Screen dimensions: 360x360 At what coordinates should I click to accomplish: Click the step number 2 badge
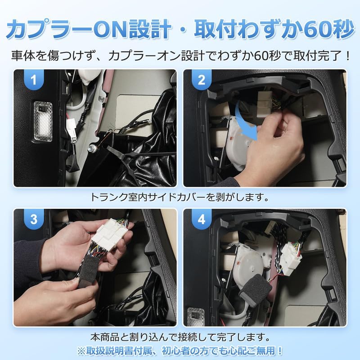201,81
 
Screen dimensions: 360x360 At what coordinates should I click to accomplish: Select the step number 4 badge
201,220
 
